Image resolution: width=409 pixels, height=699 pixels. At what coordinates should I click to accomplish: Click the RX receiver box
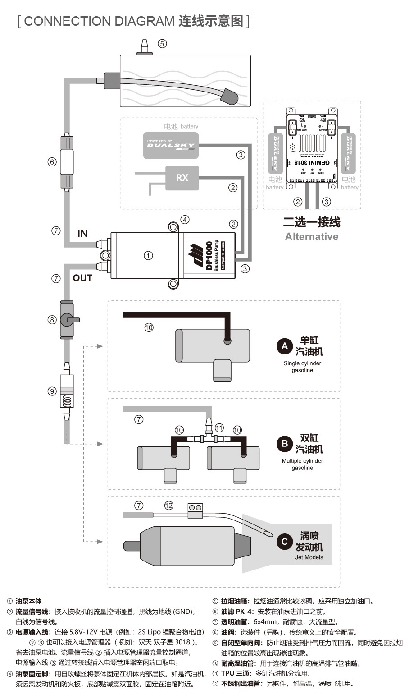(x=182, y=178)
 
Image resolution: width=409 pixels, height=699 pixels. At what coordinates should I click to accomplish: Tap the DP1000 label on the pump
(x=209, y=256)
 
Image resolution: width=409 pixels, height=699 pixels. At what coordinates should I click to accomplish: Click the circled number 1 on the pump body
(x=148, y=256)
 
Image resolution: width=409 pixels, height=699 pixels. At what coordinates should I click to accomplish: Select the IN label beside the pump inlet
(x=82, y=233)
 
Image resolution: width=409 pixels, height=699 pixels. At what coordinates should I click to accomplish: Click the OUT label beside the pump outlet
(x=82, y=278)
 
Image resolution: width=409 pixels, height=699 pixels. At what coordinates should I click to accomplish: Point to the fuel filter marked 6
(x=67, y=162)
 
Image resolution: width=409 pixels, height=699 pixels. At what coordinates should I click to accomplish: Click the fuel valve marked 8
(x=67, y=320)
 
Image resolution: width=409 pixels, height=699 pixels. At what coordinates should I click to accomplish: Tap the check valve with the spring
(x=67, y=395)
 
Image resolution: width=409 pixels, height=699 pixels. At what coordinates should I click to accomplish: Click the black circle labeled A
(x=285, y=346)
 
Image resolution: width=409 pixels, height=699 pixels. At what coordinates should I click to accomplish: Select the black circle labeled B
(x=285, y=444)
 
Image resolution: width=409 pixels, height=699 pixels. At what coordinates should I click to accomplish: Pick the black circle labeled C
(x=285, y=541)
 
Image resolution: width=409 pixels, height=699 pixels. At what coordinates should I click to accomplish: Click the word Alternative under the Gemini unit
(x=312, y=236)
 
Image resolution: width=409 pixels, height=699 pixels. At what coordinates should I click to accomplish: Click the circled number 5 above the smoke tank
(x=162, y=44)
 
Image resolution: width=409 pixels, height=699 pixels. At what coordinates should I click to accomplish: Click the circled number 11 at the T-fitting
(x=219, y=428)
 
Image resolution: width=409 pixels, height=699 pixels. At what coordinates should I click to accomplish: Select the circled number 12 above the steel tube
(x=168, y=506)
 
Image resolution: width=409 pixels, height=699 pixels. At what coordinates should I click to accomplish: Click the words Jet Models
(x=309, y=557)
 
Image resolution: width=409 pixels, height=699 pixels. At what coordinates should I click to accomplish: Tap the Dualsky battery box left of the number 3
(x=171, y=145)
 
